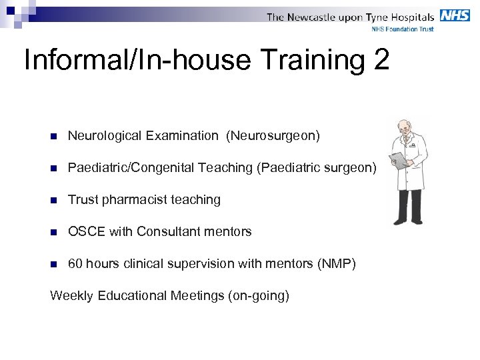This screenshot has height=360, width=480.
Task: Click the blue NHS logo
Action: point(454,15)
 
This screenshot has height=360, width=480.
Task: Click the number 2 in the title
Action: point(381,60)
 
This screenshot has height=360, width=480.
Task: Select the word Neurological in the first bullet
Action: point(105,136)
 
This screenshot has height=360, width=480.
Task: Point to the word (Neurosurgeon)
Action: point(273,136)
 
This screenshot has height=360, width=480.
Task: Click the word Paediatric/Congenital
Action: point(131,168)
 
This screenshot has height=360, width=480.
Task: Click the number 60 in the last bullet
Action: point(75,264)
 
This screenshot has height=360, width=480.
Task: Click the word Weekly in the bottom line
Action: point(72,295)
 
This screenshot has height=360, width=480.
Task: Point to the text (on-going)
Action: point(259,295)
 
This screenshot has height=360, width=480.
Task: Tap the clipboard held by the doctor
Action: point(399,160)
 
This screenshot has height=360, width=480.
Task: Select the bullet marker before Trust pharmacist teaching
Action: point(54,200)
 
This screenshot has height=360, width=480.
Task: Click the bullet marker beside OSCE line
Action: point(54,232)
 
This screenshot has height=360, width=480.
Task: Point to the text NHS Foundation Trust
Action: point(402,29)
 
